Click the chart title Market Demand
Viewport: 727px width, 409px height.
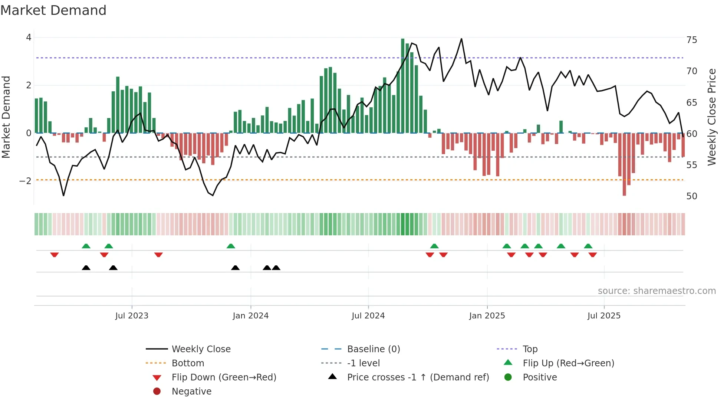tap(53, 10)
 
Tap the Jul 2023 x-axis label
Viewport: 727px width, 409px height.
tap(132, 316)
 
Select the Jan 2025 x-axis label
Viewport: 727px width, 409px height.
tap(487, 316)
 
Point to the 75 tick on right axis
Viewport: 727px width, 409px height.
tap(691, 40)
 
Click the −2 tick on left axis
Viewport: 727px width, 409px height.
tap(26, 181)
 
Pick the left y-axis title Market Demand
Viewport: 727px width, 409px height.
tap(6, 117)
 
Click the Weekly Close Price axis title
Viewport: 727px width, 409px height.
tap(711, 117)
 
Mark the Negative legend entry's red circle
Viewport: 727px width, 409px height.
tap(157, 392)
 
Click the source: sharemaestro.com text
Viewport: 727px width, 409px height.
tap(657, 291)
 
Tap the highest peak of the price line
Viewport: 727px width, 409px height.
tap(461, 39)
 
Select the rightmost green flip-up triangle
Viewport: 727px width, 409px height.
tap(588, 246)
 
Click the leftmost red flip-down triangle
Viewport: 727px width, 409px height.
tap(55, 255)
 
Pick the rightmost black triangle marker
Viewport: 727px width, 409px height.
tap(276, 268)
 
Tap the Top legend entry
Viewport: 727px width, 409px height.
tap(530, 349)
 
